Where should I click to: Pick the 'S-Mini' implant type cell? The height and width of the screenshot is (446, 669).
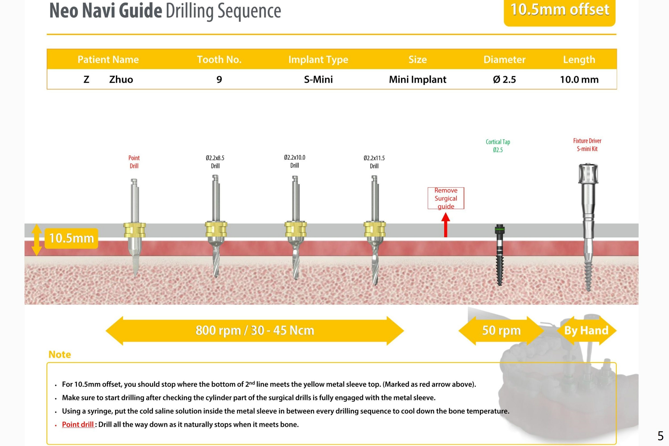318,79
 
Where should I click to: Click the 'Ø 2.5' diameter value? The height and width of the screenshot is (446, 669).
504,79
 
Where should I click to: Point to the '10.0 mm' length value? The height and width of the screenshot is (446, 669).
579,79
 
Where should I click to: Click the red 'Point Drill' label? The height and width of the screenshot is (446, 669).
134,162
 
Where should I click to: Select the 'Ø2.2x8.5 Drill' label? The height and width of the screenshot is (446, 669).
215,162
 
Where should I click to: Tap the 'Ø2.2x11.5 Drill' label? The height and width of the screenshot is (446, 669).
374,162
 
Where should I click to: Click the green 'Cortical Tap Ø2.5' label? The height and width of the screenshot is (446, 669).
498,146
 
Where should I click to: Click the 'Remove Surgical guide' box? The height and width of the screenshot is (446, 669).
445,198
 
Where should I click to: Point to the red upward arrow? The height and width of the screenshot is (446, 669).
445,225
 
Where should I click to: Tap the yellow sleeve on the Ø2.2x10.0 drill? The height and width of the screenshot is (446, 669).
296,229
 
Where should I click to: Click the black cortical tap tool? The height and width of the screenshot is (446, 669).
499,255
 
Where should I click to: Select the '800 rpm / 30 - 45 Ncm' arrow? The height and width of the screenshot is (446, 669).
254,331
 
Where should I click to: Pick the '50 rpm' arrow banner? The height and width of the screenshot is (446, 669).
501,331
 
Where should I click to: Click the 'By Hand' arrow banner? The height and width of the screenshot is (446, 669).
586,331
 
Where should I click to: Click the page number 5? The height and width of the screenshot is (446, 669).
660,436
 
